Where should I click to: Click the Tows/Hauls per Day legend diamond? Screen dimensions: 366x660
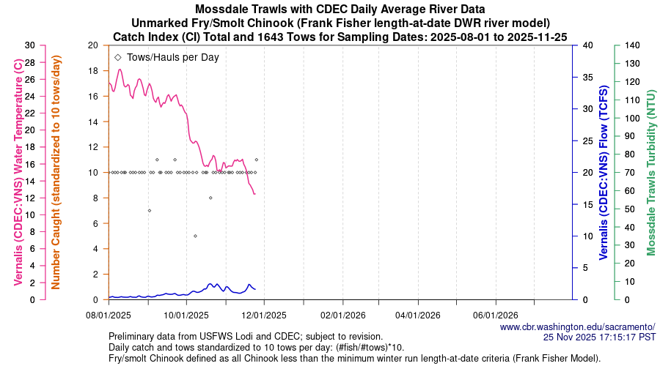pos(118,56)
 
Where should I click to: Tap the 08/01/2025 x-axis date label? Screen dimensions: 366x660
pos(109,315)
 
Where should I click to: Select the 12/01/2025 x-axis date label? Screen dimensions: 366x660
pos(263,315)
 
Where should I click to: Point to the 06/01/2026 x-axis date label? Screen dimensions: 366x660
pos(496,315)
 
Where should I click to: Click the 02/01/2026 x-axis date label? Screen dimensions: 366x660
pos(342,315)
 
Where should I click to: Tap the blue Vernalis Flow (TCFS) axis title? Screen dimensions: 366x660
pos(604,173)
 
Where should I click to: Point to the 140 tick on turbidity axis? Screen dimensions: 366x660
pos(628,45)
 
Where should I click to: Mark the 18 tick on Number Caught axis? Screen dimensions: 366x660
pos(93,70)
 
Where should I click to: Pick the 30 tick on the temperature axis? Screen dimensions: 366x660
pos(30,45)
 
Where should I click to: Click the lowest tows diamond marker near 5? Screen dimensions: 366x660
pos(195,236)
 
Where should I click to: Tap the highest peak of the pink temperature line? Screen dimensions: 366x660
pos(120,70)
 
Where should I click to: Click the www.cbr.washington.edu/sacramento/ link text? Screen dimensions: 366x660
pos(577,326)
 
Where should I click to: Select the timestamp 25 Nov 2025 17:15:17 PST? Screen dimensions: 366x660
pos(599,337)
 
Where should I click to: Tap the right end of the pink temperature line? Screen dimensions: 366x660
pos(254,194)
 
